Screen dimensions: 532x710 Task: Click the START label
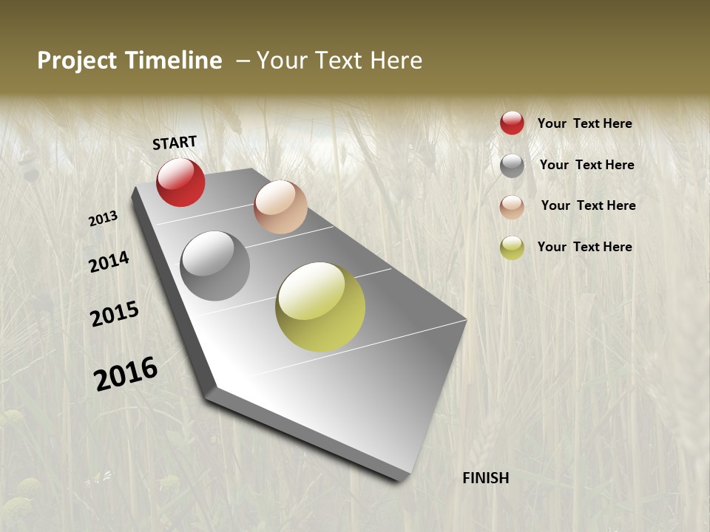tap(175, 143)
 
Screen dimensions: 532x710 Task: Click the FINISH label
tap(486, 478)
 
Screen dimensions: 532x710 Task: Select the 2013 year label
tap(104, 219)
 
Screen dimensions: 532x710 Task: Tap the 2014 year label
tap(109, 262)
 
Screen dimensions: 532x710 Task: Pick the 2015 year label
tap(115, 314)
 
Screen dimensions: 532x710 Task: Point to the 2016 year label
tap(126, 374)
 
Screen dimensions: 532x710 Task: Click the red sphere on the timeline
tap(180, 183)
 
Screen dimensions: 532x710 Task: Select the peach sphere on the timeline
tap(280, 207)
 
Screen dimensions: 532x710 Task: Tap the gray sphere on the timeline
tap(215, 266)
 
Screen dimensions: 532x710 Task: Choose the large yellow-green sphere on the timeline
tap(320, 307)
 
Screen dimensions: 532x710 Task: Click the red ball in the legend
tap(512, 123)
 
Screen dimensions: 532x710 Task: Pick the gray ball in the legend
tap(512, 166)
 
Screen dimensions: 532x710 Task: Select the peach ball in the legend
tap(512, 207)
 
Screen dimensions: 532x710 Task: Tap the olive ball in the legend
tap(512, 248)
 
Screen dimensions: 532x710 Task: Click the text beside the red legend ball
tap(584, 124)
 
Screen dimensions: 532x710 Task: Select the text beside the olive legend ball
tap(584, 247)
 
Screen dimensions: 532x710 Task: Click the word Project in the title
tap(77, 61)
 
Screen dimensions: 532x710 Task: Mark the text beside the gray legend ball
tap(586, 165)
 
